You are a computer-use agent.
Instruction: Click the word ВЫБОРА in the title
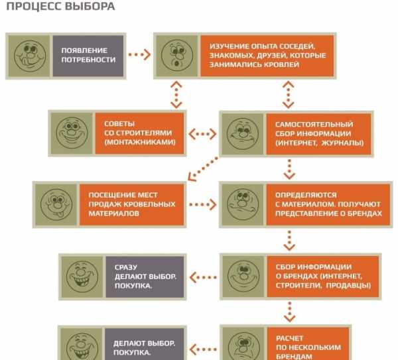tap(90, 7)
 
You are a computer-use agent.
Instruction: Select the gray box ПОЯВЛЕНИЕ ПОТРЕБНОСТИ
tap(88, 56)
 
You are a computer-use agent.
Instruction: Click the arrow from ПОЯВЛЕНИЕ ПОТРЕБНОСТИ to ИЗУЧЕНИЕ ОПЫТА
tap(139, 54)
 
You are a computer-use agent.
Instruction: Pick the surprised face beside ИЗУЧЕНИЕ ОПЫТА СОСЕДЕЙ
tap(177, 56)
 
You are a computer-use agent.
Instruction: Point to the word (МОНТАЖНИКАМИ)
tap(140, 142)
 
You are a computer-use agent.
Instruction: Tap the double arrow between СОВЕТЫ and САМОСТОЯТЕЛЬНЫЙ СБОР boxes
tap(202, 134)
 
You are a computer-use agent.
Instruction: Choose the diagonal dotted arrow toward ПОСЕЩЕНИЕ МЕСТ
tap(203, 169)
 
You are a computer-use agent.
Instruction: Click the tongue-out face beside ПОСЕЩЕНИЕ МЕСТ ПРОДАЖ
tap(56, 204)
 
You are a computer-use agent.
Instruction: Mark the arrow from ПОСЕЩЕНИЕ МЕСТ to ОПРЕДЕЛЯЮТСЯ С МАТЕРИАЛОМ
tap(203, 204)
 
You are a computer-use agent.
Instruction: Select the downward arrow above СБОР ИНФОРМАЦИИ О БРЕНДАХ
tap(289, 241)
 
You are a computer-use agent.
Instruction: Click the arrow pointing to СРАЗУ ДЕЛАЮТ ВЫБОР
tap(203, 277)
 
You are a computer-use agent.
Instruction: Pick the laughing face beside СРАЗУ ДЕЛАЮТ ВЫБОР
tap(82, 276)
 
